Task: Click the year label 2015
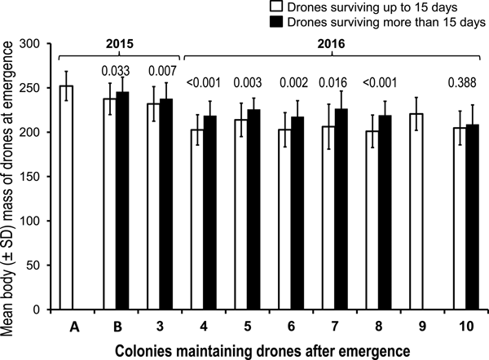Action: [x=117, y=40]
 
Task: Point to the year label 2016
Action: [x=333, y=40]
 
